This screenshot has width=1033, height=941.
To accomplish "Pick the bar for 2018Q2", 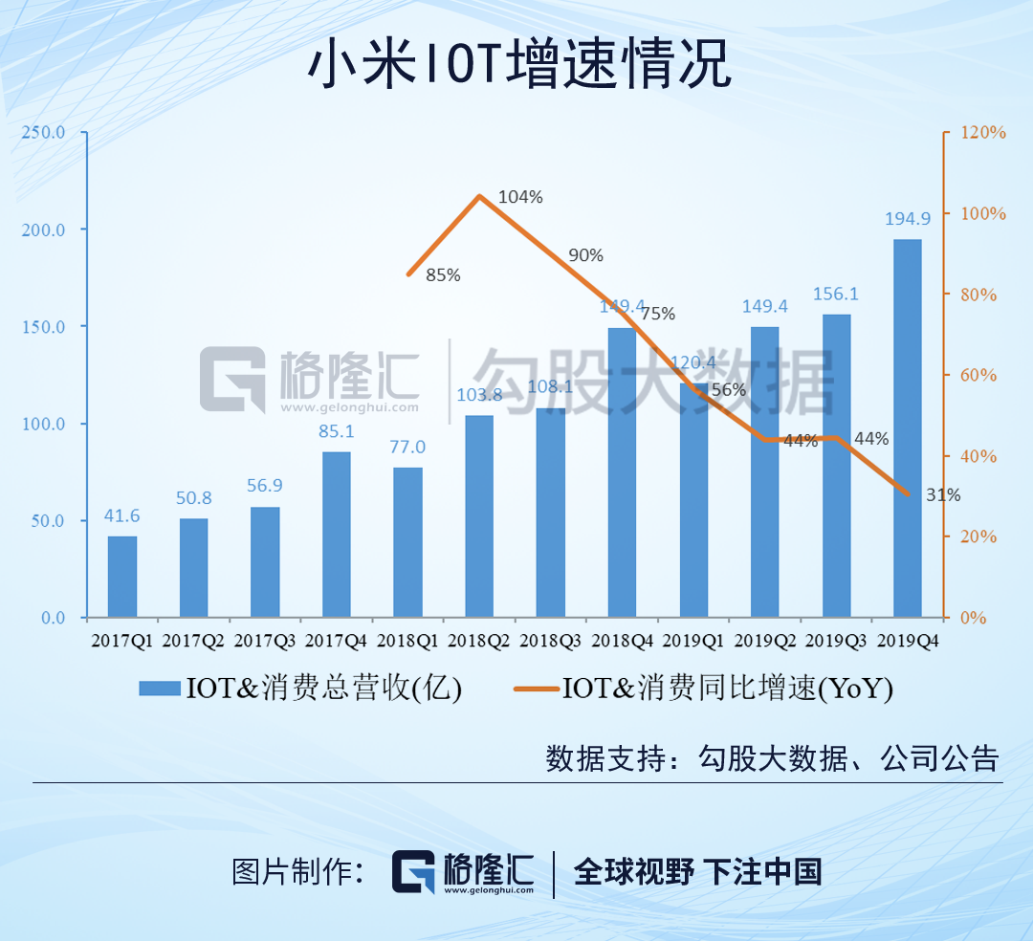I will tap(479, 515).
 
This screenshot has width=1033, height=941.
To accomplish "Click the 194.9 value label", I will tap(907, 221).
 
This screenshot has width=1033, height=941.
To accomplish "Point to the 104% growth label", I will tap(521, 197).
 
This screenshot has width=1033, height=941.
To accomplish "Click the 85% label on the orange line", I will tap(443, 275).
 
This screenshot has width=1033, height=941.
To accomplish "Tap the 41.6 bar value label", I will tap(121, 516).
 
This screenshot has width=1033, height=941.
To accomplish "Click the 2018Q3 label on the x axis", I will tap(550, 641).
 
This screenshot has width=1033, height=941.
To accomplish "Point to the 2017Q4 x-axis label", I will tap(336, 641).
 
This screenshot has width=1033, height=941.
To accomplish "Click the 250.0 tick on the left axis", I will tap(44, 132).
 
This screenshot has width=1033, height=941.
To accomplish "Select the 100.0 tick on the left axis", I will tap(44, 424).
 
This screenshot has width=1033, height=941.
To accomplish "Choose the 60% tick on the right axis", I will tap(979, 375).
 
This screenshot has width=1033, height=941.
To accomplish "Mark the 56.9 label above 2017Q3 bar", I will tap(265, 486).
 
